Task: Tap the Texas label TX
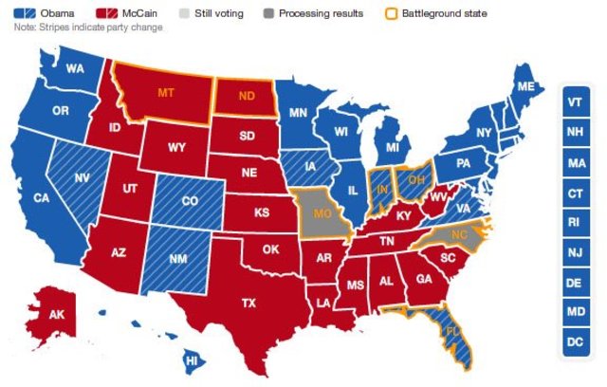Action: pos(249,303)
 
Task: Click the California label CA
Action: pos(41,198)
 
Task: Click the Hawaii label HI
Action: pos(191,360)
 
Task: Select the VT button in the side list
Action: pos(575,101)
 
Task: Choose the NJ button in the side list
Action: pos(575,251)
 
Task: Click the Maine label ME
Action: pos(524,87)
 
